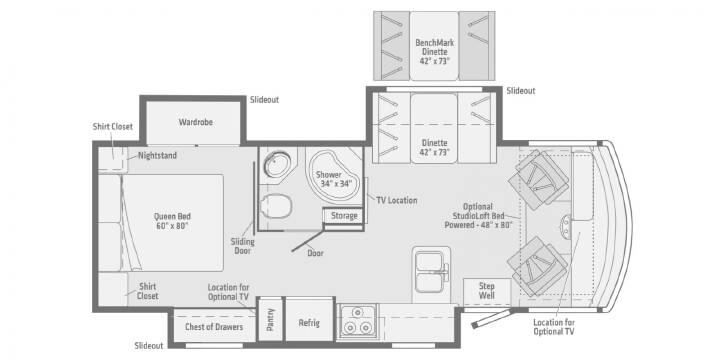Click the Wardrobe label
pos(196,122)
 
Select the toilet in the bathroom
pos(276,205)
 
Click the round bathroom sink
pos(277,164)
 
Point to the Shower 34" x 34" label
pos(335,180)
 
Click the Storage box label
pos(344,215)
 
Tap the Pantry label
pos(270,319)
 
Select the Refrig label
pos(309,322)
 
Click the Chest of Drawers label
pos(214,326)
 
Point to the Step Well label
pos(487,291)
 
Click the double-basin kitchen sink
pos(431,272)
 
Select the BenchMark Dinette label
pos(434,52)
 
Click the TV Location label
pos(397,200)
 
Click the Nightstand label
pos(158,156)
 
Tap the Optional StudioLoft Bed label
pos(478,216)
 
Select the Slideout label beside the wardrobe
pos(264,100)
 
